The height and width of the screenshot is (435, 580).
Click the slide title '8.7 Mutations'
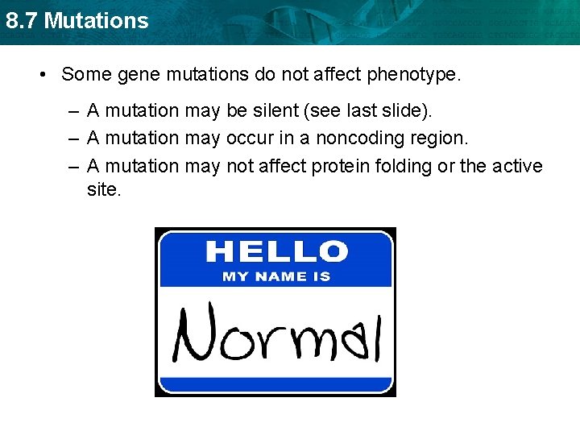point(77,20)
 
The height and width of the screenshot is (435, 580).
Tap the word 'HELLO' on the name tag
point(276,251)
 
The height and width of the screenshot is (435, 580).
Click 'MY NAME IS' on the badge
point(276,276)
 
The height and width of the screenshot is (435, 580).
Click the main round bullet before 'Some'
point(43,75)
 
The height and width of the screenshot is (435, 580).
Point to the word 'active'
point(516,166)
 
